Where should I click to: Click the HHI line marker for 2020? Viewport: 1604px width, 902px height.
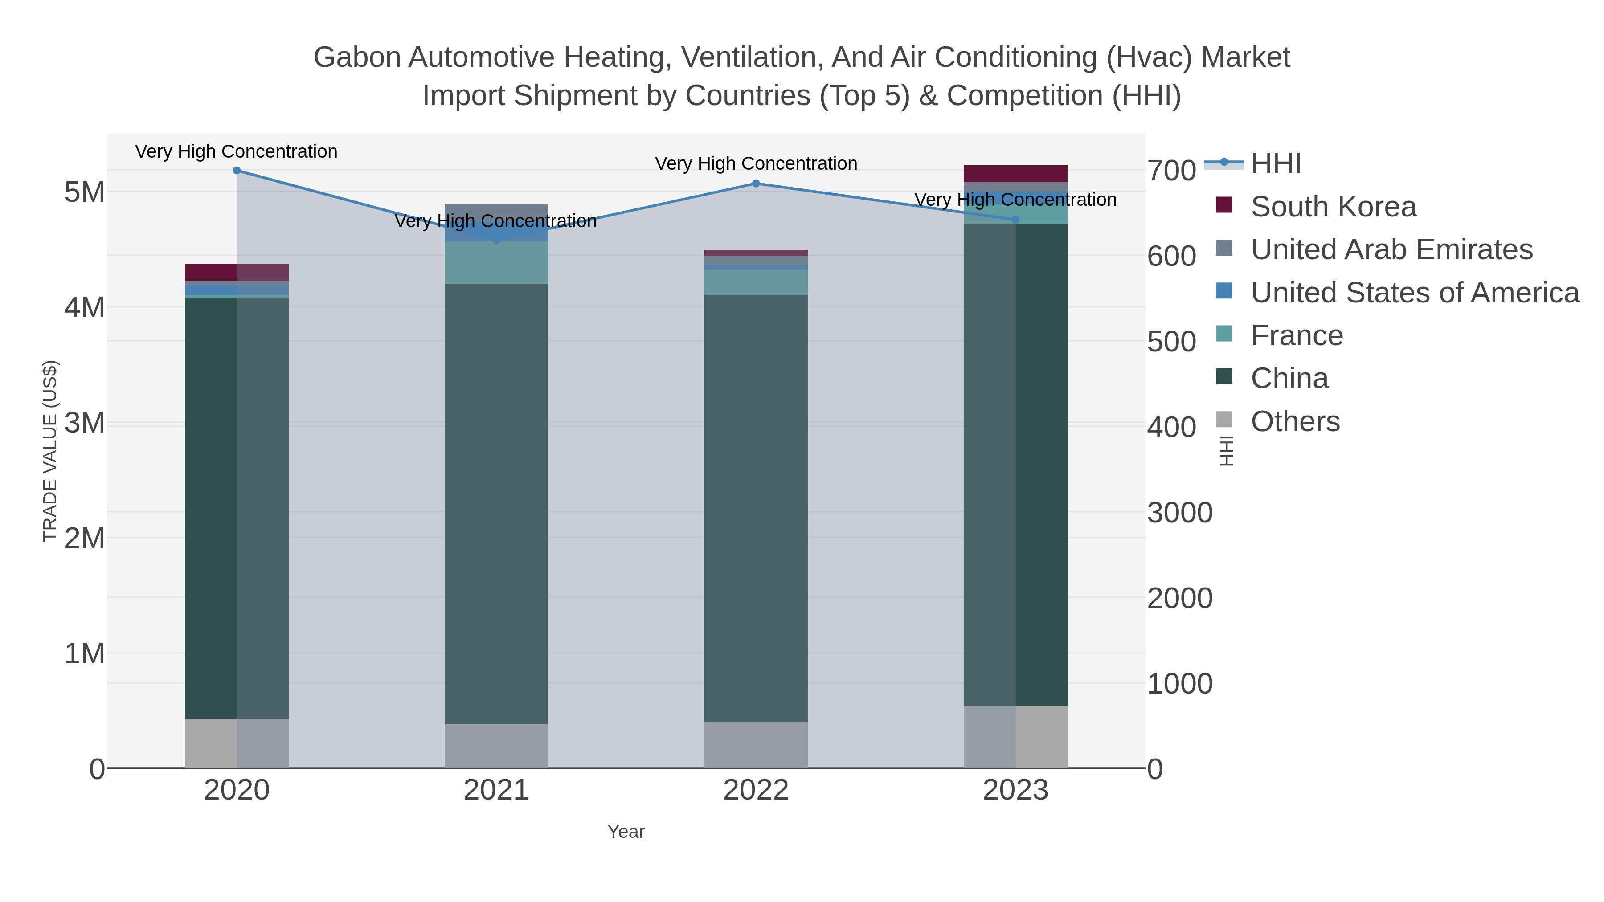(237, 170)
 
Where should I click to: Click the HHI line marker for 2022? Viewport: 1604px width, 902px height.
(756, 183)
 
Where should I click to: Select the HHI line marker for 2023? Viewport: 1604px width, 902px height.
(1015, 219)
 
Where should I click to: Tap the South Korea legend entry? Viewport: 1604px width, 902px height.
(1333, 207)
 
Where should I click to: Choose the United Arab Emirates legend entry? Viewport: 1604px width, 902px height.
(1391, 249)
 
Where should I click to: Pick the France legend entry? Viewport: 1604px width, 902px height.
(1297, 335)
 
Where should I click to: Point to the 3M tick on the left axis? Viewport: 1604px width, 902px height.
(85, 423)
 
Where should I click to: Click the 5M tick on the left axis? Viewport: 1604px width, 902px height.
(85, 192)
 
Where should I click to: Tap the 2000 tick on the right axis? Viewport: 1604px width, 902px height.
(1179, 598)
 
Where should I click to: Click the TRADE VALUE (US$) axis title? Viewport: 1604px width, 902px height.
(50, 451)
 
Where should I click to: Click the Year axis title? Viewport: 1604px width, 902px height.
(626, 832)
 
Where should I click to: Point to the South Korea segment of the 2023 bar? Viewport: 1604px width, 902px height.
(1015, 173)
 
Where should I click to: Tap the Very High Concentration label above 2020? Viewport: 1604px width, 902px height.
(237, 151)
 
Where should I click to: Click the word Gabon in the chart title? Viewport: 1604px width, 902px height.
(356, 57)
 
